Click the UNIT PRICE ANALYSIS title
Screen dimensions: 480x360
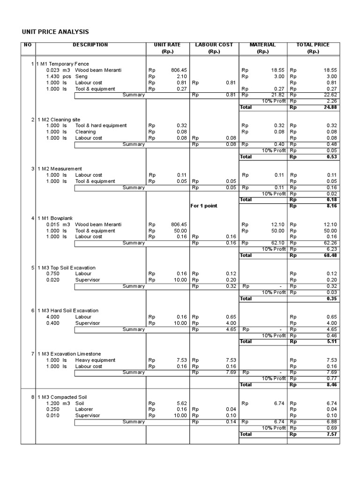55,32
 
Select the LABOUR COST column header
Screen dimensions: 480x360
214,45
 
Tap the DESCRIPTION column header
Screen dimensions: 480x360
90,45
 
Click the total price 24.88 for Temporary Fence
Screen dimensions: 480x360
330,107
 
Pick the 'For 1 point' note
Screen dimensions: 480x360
204,206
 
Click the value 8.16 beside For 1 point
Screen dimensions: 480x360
331,206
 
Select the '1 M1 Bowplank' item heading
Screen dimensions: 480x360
55,218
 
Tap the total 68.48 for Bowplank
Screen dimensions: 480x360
330,255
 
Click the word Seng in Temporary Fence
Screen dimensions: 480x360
82,76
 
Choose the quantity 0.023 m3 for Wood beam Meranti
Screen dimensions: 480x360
58,70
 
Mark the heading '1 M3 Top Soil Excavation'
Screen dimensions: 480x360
67,268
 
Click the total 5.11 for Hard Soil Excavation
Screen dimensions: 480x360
331,342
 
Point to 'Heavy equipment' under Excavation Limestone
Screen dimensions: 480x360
95,360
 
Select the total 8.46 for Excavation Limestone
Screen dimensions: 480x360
331,385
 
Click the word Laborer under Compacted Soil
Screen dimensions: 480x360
84,409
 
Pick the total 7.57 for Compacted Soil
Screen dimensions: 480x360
331,435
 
